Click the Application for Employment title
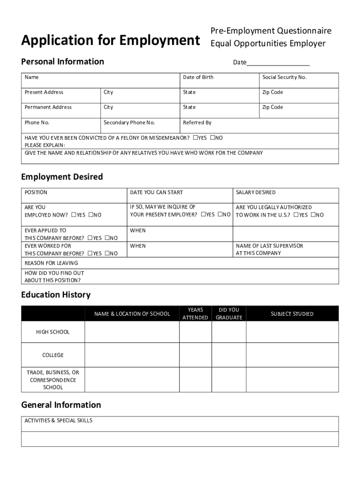(110, 41)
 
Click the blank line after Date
(278, 63)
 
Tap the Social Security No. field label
(284, 77)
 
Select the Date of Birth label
(198, 77)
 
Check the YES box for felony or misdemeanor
(195, 138)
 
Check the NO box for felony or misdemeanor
(212, 138)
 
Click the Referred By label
(197, 123)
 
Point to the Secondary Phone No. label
(129, 123)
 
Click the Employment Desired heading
(62, 177)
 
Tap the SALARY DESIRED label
(255, 192)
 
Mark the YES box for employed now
(73, 215)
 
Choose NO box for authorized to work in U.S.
(313, 215)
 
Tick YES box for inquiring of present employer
(203, 215)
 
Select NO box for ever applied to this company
(107, 238)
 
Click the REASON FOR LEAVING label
(51, 263)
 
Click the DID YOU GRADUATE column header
(229, 313)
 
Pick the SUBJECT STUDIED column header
(292, 314)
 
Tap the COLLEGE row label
(53, 355)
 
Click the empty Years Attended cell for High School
(195, 332)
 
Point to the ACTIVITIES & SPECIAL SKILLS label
(58, 421)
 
